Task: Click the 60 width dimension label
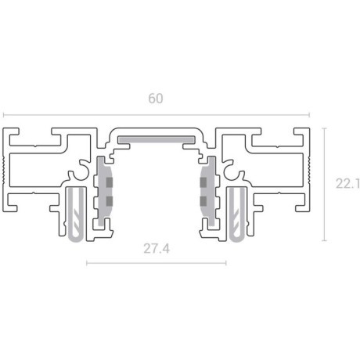[x=156, y=99]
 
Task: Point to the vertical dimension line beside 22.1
[x=324, y=184]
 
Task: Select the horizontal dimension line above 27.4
[x=156, y=264]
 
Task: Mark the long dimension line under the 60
[x=156, y=115]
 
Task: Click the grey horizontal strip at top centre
[x=156, y=139]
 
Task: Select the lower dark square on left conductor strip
[x=107, y=202]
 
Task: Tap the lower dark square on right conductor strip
[x=205, y=202]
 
